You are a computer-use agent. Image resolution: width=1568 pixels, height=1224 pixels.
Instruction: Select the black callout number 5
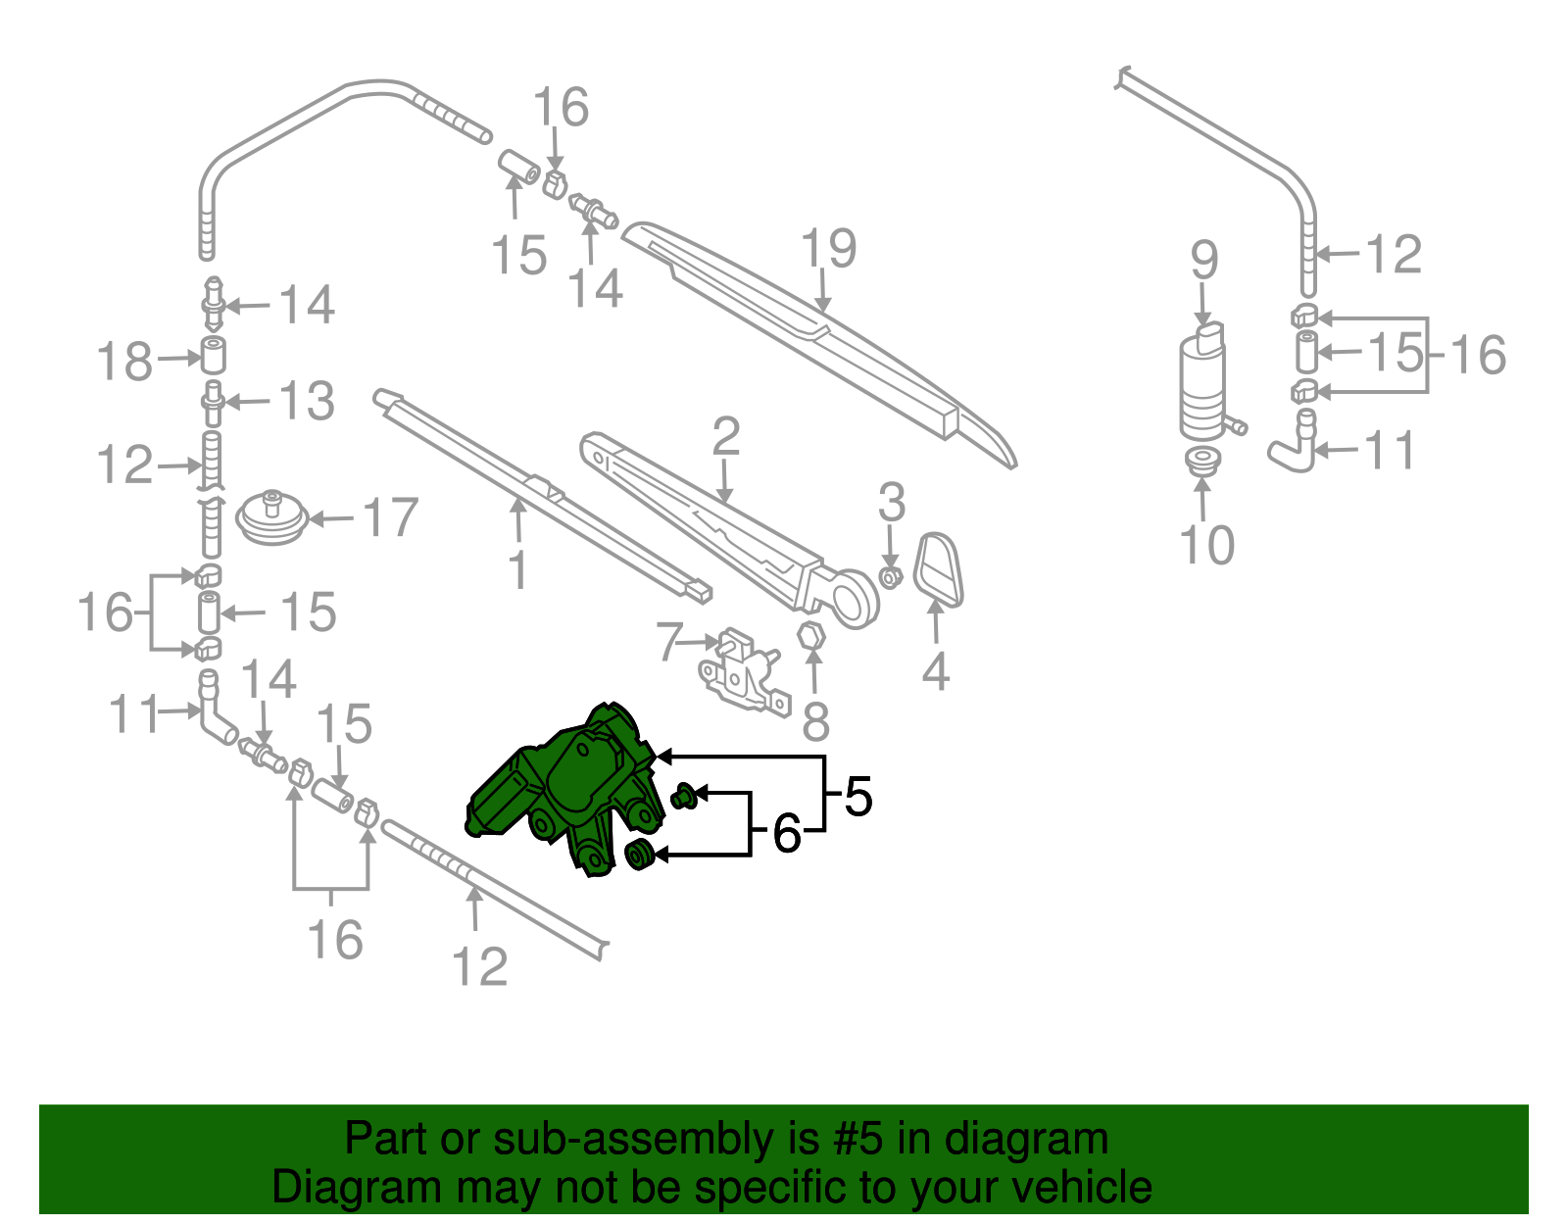pos(857,796)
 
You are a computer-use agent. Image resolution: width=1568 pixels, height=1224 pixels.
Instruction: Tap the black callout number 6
pos(786,834)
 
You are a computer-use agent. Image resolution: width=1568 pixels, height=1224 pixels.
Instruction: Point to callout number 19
pos(828,249)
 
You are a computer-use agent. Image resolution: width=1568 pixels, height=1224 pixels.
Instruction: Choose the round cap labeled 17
pos(272,517)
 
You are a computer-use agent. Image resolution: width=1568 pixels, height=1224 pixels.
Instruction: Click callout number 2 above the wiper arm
pos(725,436)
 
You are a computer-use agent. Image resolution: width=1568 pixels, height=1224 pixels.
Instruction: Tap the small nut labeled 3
pos(890,576)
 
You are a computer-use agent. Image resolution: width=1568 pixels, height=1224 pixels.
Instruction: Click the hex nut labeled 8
pos(812,635)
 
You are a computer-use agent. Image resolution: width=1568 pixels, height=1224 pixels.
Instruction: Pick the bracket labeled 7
pos(743,671)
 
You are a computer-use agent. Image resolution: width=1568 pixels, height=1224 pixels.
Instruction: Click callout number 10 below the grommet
pos(1206,545)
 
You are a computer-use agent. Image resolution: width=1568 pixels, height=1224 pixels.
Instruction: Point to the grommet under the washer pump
pos(1202,460)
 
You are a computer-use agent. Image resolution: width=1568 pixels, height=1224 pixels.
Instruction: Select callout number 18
pos(124,362)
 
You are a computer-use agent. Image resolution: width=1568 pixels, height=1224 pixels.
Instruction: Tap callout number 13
pos(307,401)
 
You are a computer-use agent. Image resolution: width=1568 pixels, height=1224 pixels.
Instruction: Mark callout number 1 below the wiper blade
pos(518,569)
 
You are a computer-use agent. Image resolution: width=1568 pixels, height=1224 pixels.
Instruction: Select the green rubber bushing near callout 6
pos(640,855)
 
